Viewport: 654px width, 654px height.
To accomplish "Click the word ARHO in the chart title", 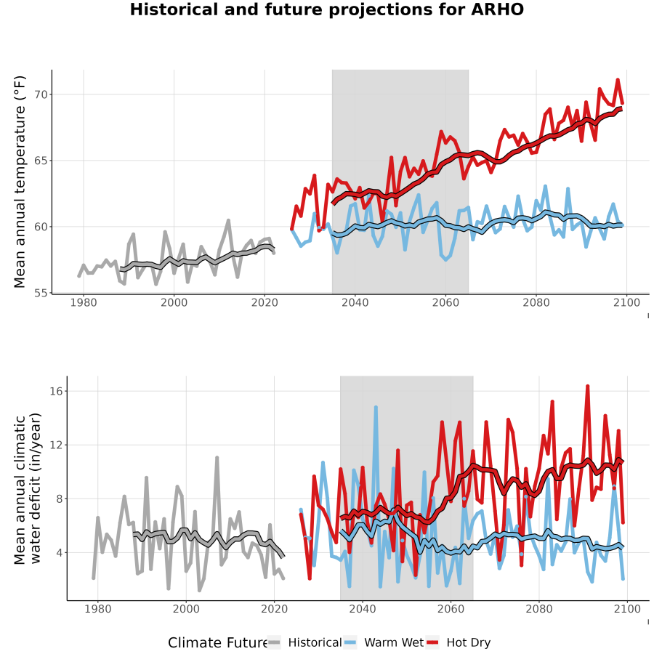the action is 497,9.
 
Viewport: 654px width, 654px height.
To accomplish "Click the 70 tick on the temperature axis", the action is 41,94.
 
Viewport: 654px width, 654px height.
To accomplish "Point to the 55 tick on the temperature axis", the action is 41,294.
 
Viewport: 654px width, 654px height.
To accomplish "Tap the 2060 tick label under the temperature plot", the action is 445,302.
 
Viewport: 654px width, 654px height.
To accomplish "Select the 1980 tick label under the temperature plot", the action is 84,302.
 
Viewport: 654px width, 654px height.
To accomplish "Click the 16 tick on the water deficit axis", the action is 56,391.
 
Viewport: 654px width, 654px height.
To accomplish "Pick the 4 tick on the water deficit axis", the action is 60,553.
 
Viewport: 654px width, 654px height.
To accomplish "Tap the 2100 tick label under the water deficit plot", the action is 627,609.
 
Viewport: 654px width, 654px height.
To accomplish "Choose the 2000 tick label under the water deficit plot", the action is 186,609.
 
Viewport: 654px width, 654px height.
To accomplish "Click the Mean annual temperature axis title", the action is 20,182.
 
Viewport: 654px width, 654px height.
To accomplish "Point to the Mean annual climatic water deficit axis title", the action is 28,488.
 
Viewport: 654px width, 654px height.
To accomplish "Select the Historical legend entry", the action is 304,642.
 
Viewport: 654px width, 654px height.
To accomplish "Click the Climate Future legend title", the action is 218,643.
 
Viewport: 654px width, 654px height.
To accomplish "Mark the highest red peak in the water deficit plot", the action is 588,387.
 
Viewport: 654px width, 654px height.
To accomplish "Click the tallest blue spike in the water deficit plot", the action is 376,407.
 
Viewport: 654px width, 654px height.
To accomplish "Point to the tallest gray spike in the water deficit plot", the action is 217,458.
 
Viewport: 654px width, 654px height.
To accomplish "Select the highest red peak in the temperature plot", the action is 618,79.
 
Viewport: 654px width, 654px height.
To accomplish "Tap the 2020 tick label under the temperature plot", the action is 265,302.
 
